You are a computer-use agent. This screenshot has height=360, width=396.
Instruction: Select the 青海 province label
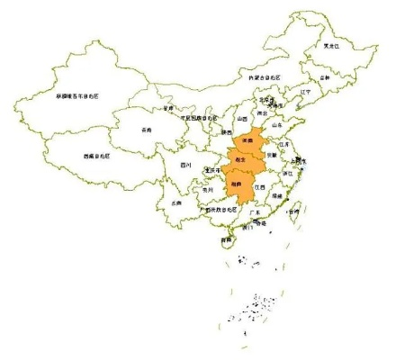[x=147, y=130]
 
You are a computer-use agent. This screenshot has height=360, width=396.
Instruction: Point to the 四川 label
[x=185, y=166]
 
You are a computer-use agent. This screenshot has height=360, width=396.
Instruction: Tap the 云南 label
[x=176, y=203]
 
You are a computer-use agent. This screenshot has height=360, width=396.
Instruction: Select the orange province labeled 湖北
[x=239, y=159]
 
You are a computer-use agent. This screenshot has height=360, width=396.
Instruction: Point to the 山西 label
[x=240, y=119]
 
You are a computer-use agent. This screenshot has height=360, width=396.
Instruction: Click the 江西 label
[x=260, y=187]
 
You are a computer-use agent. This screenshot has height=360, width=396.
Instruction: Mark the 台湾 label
[x=293, y=212]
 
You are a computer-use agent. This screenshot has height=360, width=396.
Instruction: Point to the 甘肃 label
[x=167, y=108]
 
